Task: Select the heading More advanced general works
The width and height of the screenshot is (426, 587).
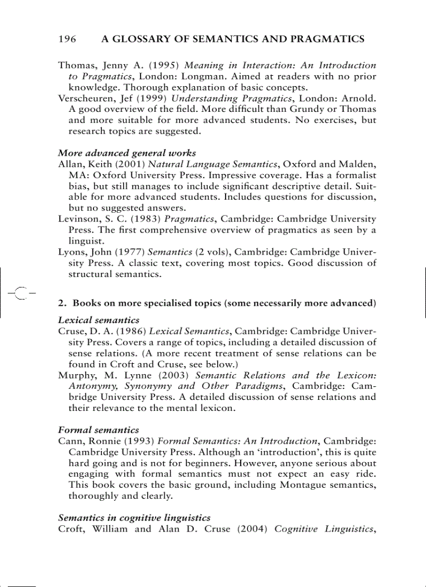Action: [x=127, y=153]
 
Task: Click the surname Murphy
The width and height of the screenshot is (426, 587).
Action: [x=76, y=375]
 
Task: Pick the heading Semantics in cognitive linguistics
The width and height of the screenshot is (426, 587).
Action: [x=134, y=517]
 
